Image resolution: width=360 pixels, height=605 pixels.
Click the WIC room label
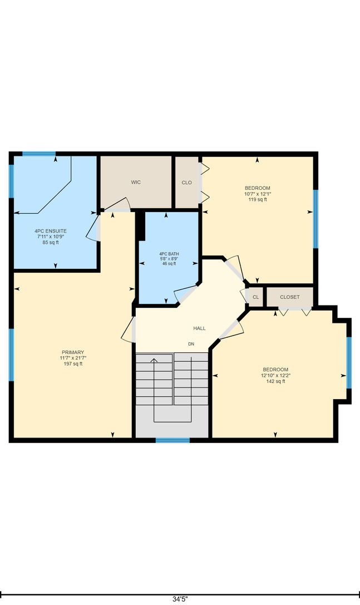coord(136,182)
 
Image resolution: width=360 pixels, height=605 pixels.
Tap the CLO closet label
coord(187,183)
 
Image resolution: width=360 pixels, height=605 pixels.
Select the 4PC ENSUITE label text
coord(51,231)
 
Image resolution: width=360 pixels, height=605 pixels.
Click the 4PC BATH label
coord(169,254)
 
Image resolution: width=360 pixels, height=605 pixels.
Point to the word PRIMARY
coord(73,352)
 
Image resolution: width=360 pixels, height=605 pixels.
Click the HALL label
coord(200,328)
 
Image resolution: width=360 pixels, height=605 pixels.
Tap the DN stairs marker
coord(191,344)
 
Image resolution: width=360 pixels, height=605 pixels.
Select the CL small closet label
coord(256,297)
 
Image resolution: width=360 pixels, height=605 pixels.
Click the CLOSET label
coord(290,297)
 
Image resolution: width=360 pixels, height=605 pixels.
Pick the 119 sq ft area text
coord(258,199)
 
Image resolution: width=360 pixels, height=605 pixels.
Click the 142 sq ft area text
coord(276,381)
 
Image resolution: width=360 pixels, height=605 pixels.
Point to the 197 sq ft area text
coord(73,363)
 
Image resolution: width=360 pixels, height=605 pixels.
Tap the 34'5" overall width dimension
coord(180,599)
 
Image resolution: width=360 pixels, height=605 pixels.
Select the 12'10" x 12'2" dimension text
coord(276,375)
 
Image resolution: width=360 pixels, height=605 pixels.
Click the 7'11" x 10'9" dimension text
coord(51,237)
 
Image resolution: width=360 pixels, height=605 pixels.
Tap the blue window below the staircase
coord(173,440)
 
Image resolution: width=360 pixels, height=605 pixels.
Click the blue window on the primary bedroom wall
coord(11,355)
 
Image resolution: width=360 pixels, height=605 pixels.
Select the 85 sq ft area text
coord(51,242)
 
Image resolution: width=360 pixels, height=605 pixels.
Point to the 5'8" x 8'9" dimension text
coord(169,259)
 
